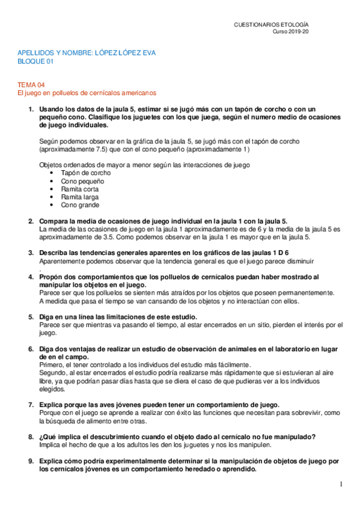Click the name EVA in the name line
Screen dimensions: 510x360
tap(148, 53)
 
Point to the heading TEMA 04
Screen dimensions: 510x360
tap(29, 85)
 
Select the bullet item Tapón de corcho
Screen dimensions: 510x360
tap(86, 173)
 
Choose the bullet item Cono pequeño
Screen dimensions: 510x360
tap(82, 180)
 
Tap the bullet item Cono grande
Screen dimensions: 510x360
tap(80, 204)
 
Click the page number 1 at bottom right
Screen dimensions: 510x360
tap(340, 484)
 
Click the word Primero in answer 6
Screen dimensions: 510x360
tap(52, 364)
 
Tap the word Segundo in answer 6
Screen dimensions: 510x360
tap(53, 372)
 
